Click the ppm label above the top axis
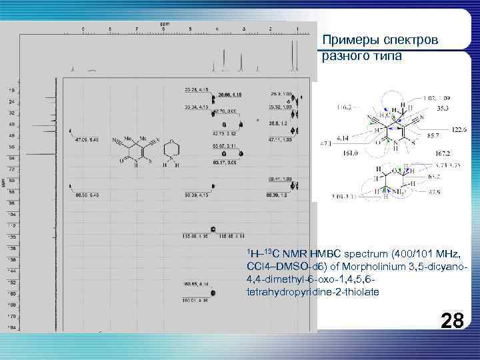(164, 25)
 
